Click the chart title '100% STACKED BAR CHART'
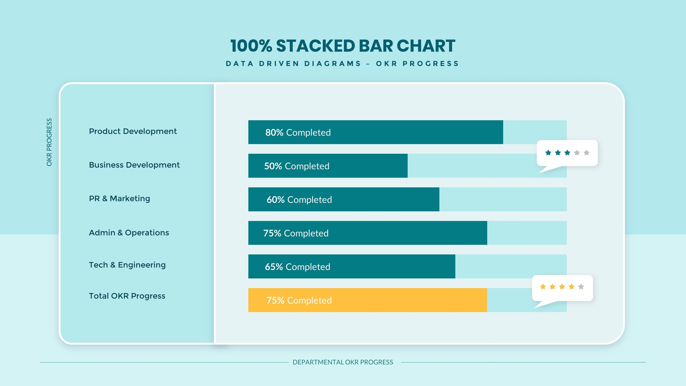tap(343, 46)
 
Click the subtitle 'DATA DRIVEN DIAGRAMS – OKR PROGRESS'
tap(343, 64)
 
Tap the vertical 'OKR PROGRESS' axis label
tap(49, 142)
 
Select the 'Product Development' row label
tap(133, 131)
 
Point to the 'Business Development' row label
tap(134, 165)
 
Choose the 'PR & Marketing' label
tap(119, 198)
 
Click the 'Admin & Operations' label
tap(129, 233)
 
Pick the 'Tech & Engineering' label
tap(127, 265)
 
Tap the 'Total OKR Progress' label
tap(127, 296)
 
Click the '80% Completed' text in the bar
tap(298, 133)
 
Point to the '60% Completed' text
tap(299, 200)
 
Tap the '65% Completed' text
tap(297, 267)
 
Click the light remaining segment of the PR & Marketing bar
tap(503, 199)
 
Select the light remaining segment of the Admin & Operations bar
tap(527, 233)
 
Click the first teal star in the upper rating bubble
tap(548, 153)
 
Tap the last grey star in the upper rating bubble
tap(586, 153)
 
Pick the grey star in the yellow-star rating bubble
tap(581, 287)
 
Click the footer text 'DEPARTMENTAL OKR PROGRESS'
tap(343, 362)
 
